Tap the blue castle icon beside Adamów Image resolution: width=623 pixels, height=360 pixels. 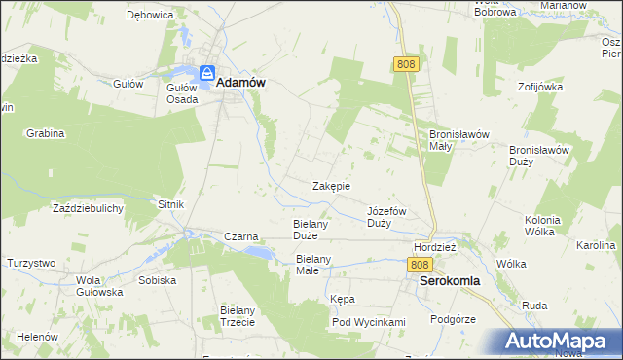(207, 74)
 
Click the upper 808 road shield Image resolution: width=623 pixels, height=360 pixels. (407, 63)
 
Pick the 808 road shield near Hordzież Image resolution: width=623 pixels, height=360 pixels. (420, 265)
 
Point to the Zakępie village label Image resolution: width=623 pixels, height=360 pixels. (331, 186)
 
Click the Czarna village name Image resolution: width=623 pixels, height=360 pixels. (240, 235)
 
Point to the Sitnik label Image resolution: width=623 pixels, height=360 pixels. (170, 204)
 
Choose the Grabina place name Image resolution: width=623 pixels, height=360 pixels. (45, 132)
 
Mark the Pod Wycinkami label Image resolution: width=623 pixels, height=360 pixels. (368, 322)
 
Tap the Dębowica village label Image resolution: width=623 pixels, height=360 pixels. (150, 16)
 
